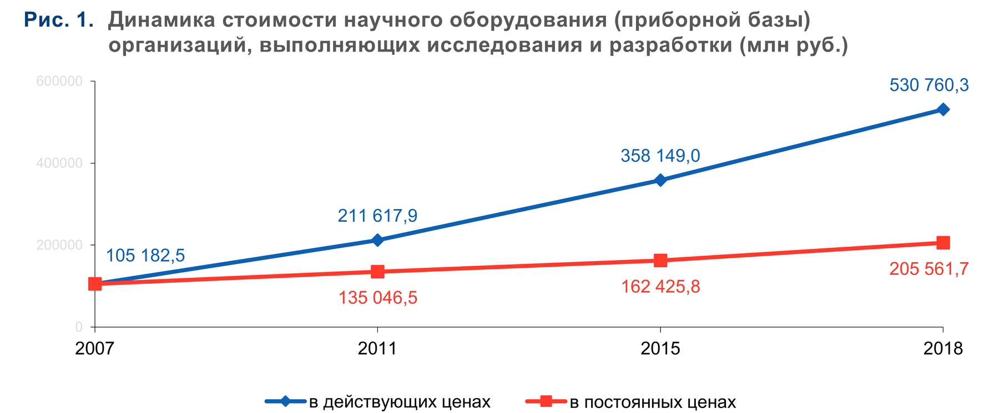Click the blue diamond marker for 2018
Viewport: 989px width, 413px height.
coord(942,110)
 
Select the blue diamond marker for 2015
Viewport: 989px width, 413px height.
coord(660,180)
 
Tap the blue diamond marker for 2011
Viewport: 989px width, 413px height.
coord(377,240)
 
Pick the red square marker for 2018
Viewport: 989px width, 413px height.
coord(942,243)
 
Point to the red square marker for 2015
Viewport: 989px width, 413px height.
coord(660,261)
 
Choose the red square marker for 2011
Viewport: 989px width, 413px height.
coord(377,272)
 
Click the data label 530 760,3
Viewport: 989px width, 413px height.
coord(929,85)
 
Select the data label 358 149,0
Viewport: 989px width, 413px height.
coord(660,156)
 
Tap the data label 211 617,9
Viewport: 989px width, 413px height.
coord(377,216)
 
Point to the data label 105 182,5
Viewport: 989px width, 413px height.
coord(145,256)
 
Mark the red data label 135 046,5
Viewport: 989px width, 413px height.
coord(377,298)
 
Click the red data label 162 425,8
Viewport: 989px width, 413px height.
coord(660,287)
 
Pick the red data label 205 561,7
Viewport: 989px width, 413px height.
coord(929,269)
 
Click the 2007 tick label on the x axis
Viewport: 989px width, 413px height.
coord(94,349)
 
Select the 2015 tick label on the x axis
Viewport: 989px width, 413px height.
coord(660,349)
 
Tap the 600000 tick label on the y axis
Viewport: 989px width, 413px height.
coord(59,81)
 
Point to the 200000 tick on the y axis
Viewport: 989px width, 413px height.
coord(59,245)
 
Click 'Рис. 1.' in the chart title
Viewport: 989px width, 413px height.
coord(59,21)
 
